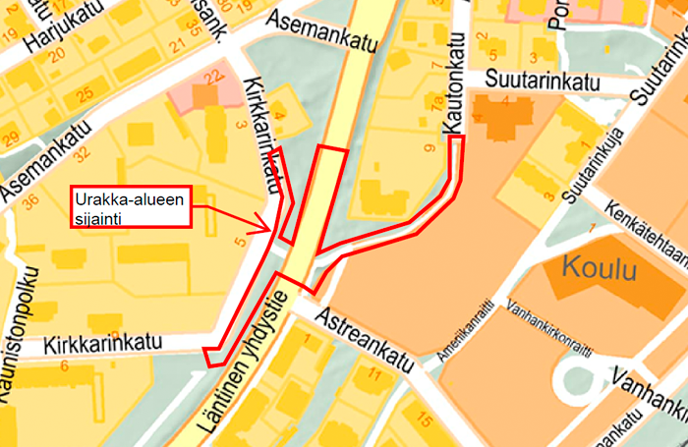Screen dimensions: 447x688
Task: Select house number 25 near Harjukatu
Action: click(x=86, y=94)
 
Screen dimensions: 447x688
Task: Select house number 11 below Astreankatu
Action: click(x=373, y=374)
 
